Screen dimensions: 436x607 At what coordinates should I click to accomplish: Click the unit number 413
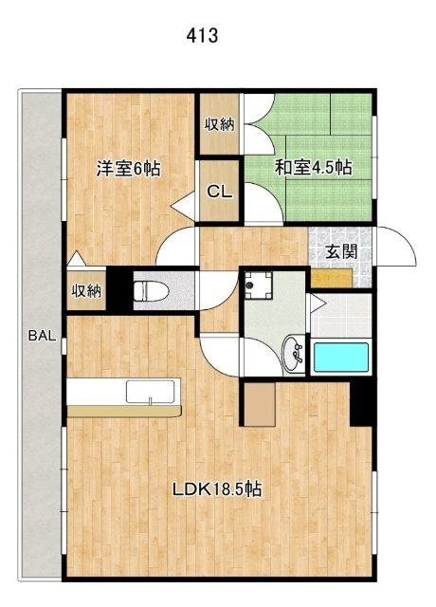[x=202, y=36]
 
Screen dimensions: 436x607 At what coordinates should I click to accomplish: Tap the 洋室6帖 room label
[x=129, y=169]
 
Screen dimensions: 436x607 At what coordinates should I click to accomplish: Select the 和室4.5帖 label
[x=314, y=167]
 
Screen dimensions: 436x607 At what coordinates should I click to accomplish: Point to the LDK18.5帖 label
[x=217, y=489]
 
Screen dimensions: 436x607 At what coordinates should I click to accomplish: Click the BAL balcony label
[x=42, y=335]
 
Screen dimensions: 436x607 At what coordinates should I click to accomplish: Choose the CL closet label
[x=220, y=192]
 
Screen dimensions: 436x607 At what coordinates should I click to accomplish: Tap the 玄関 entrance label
[x=341, y=252]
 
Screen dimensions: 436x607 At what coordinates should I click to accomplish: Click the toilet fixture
[x=151, y=291]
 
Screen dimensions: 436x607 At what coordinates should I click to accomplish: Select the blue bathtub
[x=341, y=358]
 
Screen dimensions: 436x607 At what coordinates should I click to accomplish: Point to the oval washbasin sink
[x=294, y=355]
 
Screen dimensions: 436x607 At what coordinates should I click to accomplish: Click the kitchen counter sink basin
[x=150, y=392]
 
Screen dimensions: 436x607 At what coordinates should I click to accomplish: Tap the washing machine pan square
[x=259, y=285]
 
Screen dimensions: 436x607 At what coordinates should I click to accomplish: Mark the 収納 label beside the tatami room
[x=219, y=124]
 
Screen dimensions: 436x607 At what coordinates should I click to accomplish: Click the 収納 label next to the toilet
[x=86, y=290]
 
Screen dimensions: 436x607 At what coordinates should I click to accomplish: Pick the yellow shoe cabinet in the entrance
[x=332, y=278]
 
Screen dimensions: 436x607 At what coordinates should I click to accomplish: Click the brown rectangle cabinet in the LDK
[x=260, y=404]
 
